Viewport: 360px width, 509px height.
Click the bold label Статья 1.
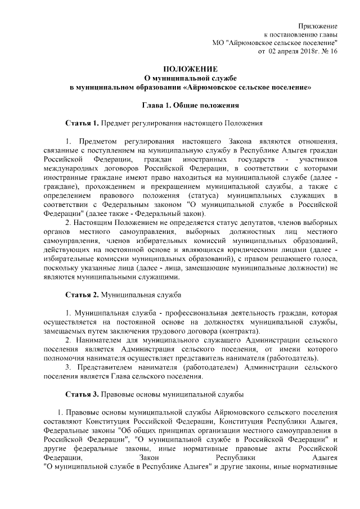tap(83, 123)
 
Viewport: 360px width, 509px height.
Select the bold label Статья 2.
tap(83, 294)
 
